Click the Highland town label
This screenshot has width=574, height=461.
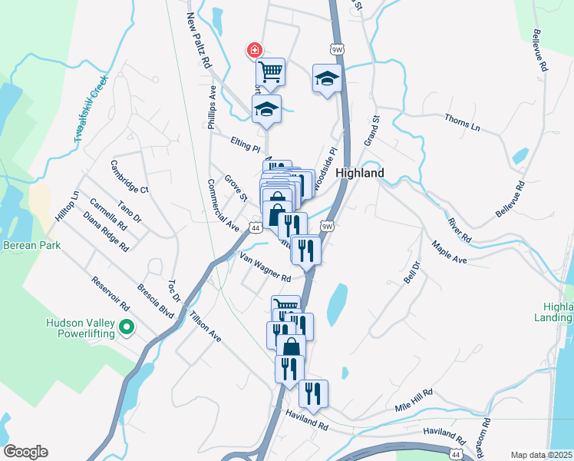tap(360, 174)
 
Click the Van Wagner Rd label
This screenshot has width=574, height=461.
tap(265, 267)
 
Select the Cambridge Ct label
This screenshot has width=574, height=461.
tap(128, 177)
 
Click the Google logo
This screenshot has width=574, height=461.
tap(26, 452)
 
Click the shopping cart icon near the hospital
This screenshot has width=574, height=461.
tap(270, 72)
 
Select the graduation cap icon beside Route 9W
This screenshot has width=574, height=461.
tap(327, 78)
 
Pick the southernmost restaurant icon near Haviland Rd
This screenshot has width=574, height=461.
tap(313, 393)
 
